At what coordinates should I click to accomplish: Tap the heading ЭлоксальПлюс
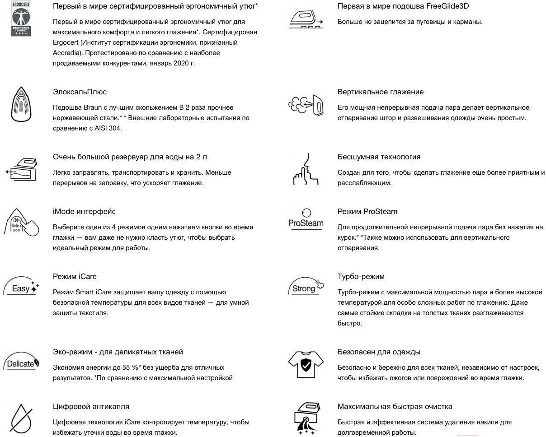point(80,92)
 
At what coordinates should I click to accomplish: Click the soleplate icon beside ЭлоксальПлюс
point(20,104)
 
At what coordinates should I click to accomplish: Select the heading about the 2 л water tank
point(130,157)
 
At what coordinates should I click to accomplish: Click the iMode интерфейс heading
point(84,211)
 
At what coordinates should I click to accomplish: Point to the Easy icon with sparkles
point(22,287)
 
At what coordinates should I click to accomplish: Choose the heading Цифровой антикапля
point(91,406)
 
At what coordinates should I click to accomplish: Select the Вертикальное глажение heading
point(381,92)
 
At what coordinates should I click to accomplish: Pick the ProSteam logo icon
point(306,219)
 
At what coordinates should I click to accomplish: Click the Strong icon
point(306,287)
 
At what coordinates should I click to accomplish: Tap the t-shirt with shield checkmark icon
point(306,363)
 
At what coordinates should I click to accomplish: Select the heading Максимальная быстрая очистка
point(395,406)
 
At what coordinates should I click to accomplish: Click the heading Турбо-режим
point(361,276)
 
